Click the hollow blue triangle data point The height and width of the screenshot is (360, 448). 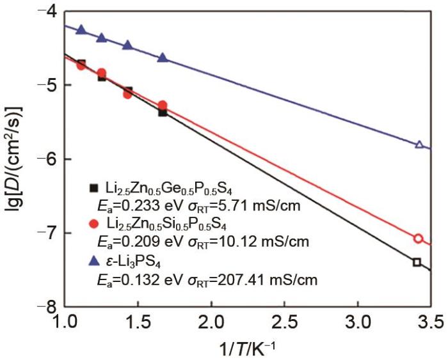point(419,145)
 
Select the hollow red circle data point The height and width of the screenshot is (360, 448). point(419,239)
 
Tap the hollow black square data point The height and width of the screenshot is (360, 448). point(417,262)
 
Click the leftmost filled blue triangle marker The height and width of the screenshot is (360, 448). point(81,29)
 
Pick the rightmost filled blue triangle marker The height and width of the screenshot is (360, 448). point(163,58)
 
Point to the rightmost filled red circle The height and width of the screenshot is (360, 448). point(163,105)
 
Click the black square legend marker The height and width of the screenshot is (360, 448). point(93,188)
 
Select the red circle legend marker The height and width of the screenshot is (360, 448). point(93,224)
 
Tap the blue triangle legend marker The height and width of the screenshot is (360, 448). point(93,260)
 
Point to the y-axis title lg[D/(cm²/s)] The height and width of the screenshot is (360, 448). point(15,159)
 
